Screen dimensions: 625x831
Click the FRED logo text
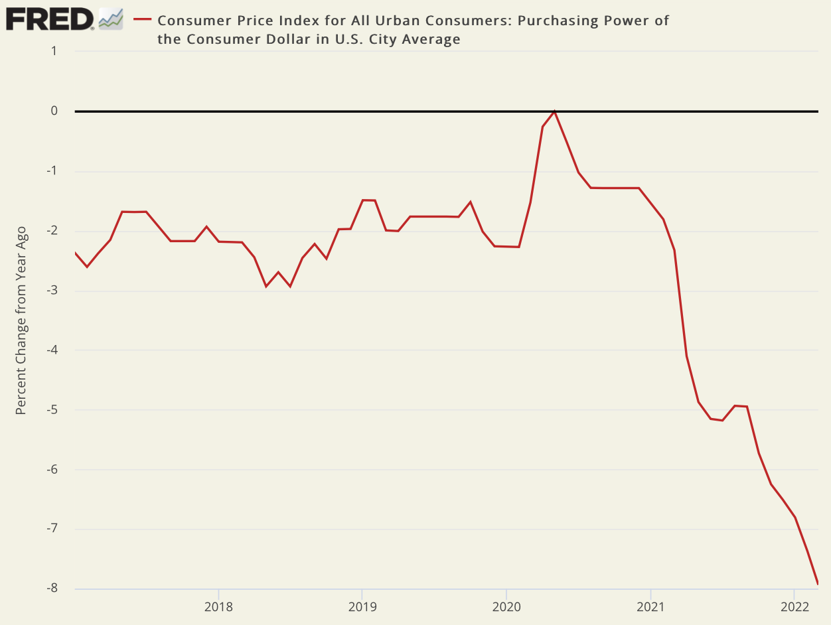click(50, 19)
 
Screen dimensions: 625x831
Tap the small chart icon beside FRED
click(111, 19)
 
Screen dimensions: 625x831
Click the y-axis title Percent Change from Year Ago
click(21, 320)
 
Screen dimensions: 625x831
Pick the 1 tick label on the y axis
click(54, 52)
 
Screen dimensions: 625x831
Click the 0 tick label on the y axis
click(54, 111)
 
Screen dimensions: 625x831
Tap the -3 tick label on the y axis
click(51, 290)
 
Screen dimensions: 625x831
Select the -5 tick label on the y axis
click(51, 409)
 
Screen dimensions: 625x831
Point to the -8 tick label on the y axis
click(51, 589)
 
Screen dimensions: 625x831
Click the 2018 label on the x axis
click(218, 606)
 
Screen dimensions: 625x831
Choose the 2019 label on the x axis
click(362, 606)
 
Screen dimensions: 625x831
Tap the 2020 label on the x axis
click(506, 606)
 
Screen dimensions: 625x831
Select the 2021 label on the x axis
click(650, 606)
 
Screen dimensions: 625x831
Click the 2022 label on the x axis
click(794, 606)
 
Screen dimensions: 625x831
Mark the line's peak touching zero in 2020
click(554, 111)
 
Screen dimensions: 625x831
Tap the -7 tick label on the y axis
click(51, 529)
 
